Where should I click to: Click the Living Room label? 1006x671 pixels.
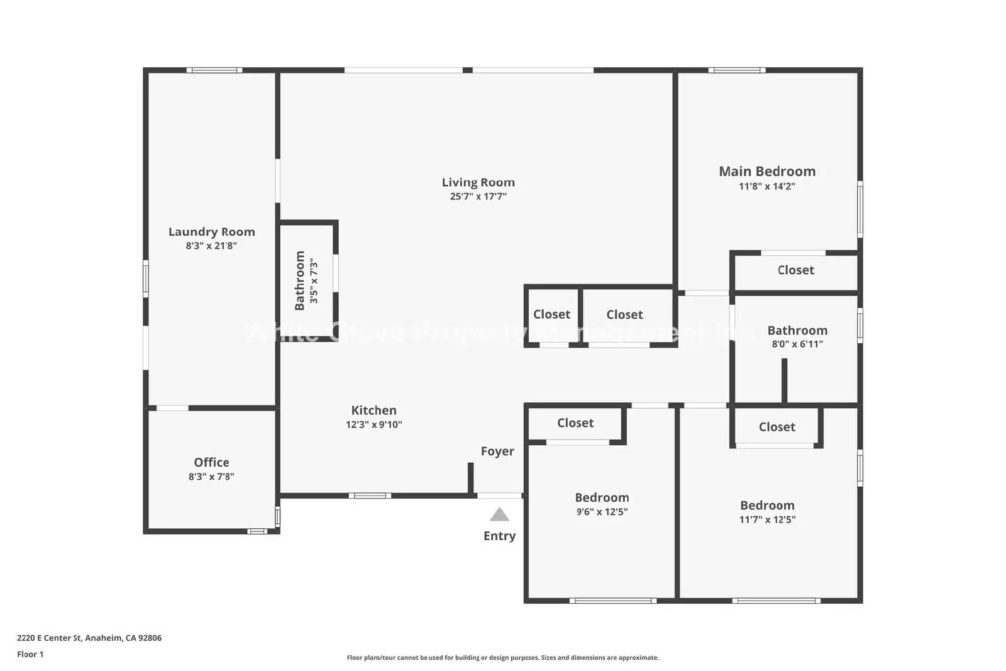click(478, 182)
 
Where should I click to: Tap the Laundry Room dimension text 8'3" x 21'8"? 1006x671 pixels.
click(211, 246)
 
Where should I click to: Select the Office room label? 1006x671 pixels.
click(211, 462)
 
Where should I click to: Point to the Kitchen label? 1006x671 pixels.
click(373, 410)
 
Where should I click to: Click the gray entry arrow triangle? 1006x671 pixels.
click(499, 515)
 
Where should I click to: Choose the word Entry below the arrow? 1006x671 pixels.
click(499, 536)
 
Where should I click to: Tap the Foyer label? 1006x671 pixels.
click(497, 451)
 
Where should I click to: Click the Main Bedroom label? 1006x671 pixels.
click(767, 171)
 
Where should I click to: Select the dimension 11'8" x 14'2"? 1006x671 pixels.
click(767, 186)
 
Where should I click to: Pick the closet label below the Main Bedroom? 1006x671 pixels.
click(795, 270)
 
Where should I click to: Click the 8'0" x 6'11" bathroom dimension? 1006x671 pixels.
click(797, 344)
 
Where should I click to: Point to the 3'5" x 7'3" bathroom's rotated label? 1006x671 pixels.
click(300, 280)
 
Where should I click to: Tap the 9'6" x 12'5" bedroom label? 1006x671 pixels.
click(602, 497)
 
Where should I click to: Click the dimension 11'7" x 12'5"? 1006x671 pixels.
click(767, 519)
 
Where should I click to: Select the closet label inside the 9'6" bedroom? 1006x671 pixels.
click(575, 423)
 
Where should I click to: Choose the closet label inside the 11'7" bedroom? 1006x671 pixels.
click(777, 426)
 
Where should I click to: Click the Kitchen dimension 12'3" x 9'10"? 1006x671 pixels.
click(373, 424)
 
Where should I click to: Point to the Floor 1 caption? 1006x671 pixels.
click(30, 654)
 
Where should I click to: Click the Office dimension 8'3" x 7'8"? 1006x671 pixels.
click(211, 477)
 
